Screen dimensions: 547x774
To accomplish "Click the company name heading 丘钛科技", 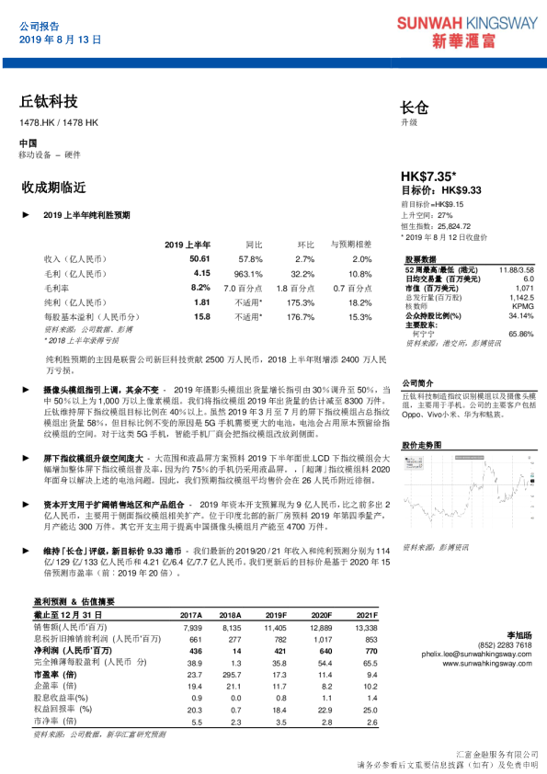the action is click(48, 101).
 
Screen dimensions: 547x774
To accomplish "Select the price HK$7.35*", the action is click(429, 175).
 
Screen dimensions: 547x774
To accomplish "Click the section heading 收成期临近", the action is click(52, 188).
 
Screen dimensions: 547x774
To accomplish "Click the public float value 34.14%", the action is click(520, 314).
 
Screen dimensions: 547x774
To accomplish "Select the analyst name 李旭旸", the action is click(519, 635).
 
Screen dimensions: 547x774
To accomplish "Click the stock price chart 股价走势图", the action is click(467, 496).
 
